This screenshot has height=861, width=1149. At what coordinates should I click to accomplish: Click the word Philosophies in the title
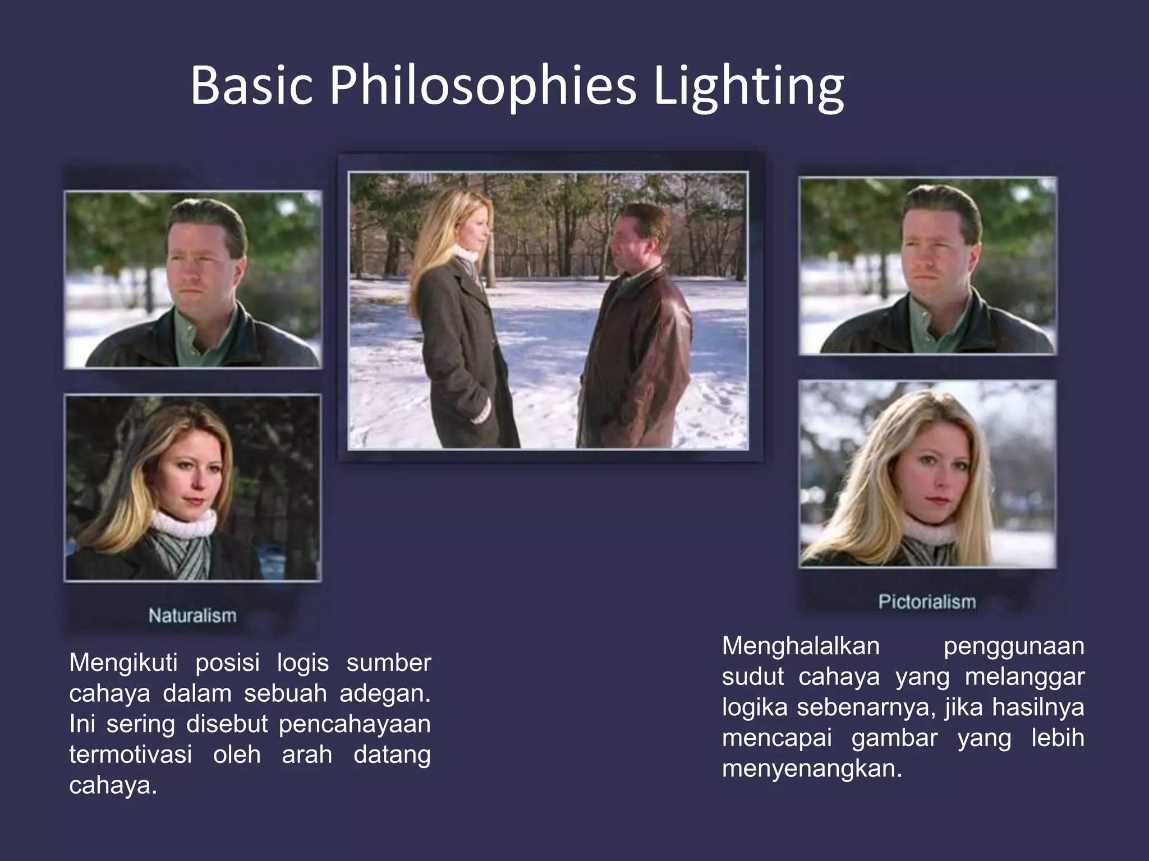click(482, 87)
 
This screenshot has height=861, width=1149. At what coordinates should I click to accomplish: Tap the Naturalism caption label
click(192, 615)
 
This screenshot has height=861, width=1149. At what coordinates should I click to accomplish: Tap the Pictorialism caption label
click(927, 602)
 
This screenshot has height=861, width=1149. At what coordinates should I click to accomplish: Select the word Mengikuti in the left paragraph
click(123, 663)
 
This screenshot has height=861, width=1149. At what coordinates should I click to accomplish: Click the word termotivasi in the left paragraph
click(130, 754)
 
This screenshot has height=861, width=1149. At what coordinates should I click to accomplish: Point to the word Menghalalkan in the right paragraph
click(801, 646)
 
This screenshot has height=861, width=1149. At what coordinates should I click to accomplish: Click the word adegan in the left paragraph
click(384, 694)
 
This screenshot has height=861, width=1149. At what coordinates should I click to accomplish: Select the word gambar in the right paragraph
click(894, 738)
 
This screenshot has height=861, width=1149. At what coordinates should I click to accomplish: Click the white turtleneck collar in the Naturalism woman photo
click(184, 524)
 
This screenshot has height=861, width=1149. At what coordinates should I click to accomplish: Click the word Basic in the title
click(251, 87)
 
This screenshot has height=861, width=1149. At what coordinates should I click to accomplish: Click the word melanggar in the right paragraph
click(1024, 677)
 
